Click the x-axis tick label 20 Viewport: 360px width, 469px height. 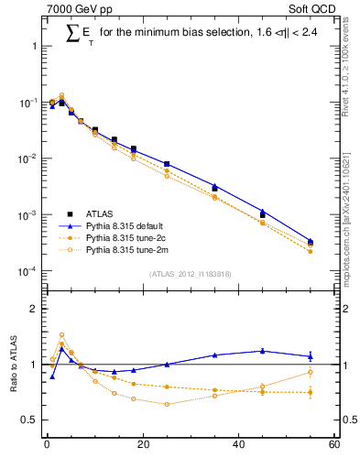coord(142,446)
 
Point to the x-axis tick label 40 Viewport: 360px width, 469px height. coord(238,446)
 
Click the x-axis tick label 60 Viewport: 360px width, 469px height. coord(333,446)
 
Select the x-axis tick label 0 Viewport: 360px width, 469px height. coord(47,446)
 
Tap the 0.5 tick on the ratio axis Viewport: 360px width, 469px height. coord(30,420)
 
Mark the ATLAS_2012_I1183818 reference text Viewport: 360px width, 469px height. coord(190,273)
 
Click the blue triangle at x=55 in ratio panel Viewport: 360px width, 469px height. coord(311,356)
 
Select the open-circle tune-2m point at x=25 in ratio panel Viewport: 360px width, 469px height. coord(167,404)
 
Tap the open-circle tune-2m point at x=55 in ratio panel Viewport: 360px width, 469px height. coord(311,372)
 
